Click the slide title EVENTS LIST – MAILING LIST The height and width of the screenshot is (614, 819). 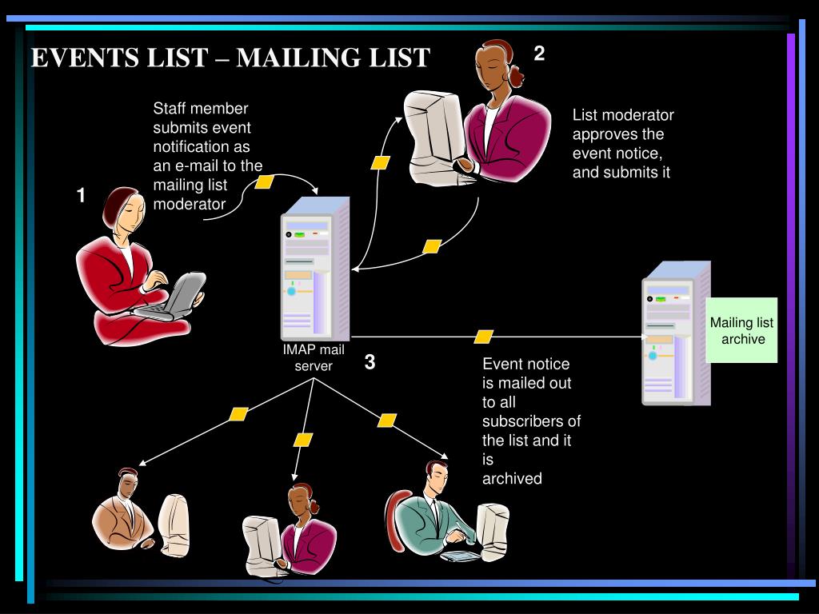230,58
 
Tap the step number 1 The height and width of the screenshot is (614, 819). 81,195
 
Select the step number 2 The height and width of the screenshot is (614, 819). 540,54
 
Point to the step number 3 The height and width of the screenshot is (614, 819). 370,362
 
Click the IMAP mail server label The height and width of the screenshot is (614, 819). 313,357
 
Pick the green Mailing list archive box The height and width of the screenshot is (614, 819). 742,330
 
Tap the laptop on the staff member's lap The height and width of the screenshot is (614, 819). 181,296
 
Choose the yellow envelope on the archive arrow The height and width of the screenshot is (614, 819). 483,337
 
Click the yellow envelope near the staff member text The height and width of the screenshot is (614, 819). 264,182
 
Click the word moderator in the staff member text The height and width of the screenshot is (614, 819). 190,204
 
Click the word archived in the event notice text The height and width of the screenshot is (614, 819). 512,478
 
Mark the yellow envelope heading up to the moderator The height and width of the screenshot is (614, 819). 381,162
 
